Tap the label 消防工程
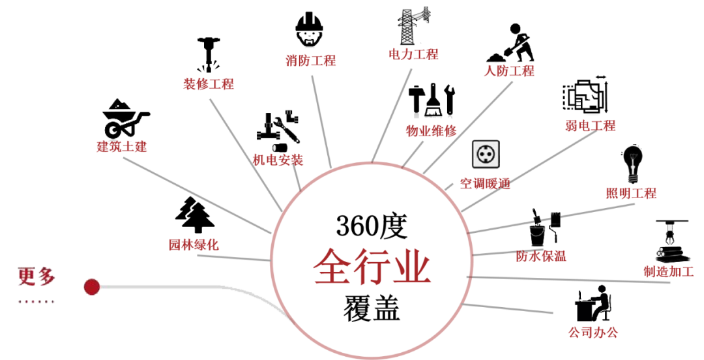tap(310, 61)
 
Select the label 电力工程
tap(413, 54)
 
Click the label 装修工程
tap(208, 83)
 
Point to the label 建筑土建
tap(122, 146)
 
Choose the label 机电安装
tap(278, 160)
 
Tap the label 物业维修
tap(431, 130)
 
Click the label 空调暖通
tap(485, 183)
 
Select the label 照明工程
tap(630, 193)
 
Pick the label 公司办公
tap(593, 333)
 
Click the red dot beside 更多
tap(92, 287)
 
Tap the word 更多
tap(37, 277)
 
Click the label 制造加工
tap(668, 271)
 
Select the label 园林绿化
tap(194, 245)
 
